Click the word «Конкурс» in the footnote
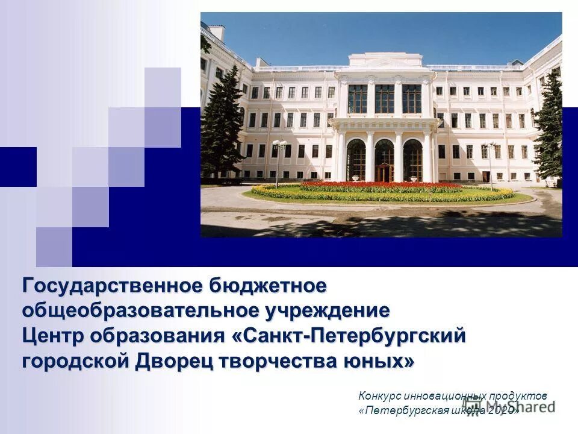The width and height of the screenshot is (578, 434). (378, 396)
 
